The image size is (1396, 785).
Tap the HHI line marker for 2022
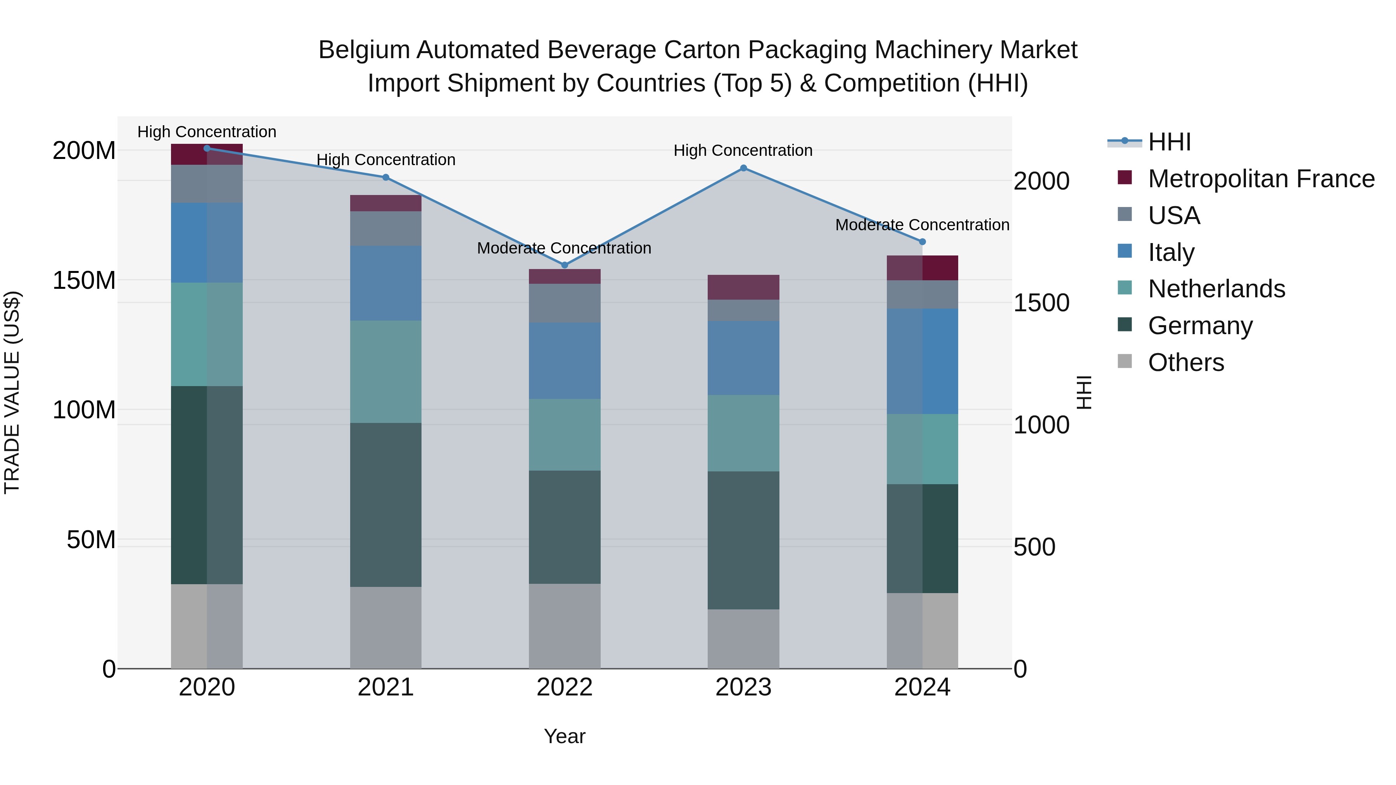[x=565, y=265]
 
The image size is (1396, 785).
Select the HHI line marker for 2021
[x=386, y=177]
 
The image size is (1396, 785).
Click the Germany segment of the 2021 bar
[x=386, y=504]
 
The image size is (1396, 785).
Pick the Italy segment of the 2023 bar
[x=743, y=357]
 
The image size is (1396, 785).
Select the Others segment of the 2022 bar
[x=565, y=626]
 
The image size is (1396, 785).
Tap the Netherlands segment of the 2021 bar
[x=386, y=372]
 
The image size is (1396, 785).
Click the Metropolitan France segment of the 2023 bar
[x=743, y=287]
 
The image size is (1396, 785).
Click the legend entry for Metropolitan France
[x=1261, y=179]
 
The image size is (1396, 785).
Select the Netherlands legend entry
[x=1216, y=289]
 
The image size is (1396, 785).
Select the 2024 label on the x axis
[x=923, y=687]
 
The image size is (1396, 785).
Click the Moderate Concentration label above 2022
[x=564, y=248]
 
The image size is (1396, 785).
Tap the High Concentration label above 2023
[x=743, y=151]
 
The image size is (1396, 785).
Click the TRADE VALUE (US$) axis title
[x=12, y=392]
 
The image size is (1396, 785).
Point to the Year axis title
[x=565, y=736]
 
